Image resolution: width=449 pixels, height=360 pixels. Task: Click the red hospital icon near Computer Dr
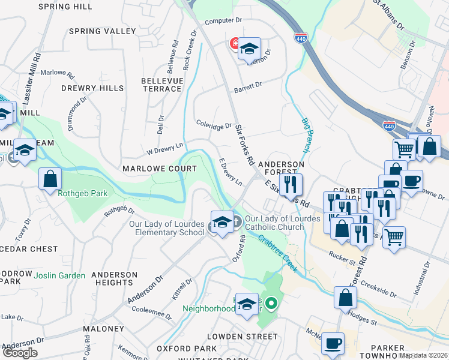pyautogui.click(x=235, y=44)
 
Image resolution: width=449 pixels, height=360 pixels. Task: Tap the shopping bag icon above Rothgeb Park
pyautogui.click(x=50, y=178)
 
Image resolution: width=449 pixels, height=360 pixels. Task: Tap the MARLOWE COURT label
pyautogui.click(x=160, y=169)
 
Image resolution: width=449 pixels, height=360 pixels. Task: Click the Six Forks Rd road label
pyautogui.click(x=245, y=145)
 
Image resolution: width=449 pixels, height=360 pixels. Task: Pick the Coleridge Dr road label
pyautogui.click(x=214, y=125)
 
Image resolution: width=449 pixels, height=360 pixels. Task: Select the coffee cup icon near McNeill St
pyautogui.click(x=333, y=344)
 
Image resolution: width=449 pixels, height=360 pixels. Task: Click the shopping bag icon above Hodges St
pyautogui.click(x=346, y=297)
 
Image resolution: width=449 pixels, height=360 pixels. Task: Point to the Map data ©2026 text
pyautogui.click(x=423, y=355)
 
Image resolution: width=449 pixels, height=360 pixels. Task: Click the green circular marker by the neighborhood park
pyautogui.click(x=271, y=304)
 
